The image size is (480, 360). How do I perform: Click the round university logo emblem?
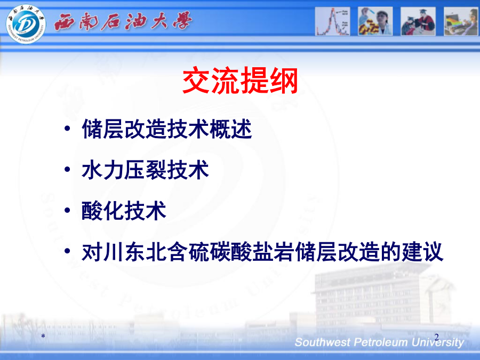[x=26, y=23]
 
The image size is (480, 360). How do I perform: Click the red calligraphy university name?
[x=123, y=21]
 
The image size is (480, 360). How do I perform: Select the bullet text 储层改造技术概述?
[x=167, y=129]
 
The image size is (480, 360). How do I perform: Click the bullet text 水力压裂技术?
[x=146, y=170]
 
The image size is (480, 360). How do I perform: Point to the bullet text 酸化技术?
[x=124, y=211]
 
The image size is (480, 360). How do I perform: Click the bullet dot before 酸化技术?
[x=67, y=210]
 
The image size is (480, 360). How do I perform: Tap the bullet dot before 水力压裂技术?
[x=67, y=169]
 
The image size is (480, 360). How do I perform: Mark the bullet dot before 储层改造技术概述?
[x=67, y=128]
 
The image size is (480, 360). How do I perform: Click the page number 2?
[x=436, y=337]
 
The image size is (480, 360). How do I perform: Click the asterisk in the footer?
[x=43, y=337]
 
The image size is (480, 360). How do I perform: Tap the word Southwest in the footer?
[x=323, y=342]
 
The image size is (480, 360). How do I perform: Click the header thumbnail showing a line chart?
[x=332, y=21]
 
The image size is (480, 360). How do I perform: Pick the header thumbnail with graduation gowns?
[x=418, y=21]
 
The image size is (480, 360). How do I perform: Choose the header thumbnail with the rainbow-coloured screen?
[x=461, y=21]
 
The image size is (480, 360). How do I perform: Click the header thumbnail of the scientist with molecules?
[x=375, y=21]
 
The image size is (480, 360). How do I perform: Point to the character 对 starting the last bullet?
[x=92, y=252]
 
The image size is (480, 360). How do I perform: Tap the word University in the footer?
[x=438, y=342]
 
